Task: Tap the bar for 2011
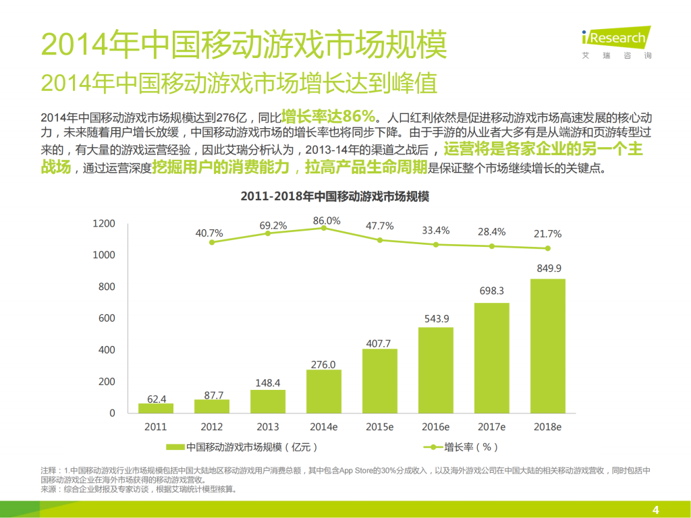pyautogui.click(x=156, y=408)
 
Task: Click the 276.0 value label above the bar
pyautogui.click(x=323, y=364)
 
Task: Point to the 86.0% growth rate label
pyautogui.click(x=327, y=221)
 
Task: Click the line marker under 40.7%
pyautogui.click(x=212, y=242)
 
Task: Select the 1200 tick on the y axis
pyautogui.click(x=104, y=223)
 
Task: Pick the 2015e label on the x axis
pyautogui.click(x=380, y=427)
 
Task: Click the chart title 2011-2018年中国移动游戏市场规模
pyautogui.click(x=335, y=198)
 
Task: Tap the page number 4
pyautogui.click(x=655, y=509)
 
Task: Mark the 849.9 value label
pyautogui.click(x=548, y=268)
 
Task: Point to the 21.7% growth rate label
pyautogui.click(x=547, y=234)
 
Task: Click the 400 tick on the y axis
pyautogui.click(x=104, y=350)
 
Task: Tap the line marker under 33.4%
pyautogui.click(x=436, y=244)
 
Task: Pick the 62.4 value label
pyautogui.click(x=157, y=399)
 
